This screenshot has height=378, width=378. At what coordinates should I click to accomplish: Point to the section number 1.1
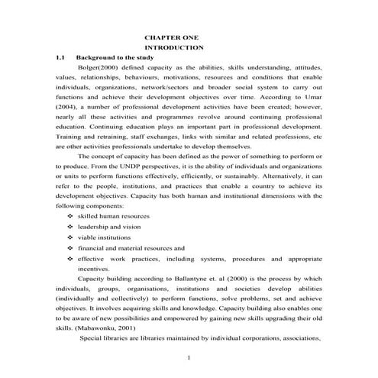tap(60, 58)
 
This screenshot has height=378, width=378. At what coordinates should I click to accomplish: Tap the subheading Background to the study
tap(115, 58)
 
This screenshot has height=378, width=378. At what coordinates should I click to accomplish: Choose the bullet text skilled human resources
tap(114, 216)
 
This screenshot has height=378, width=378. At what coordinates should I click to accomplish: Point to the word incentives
tap(94, 269)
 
